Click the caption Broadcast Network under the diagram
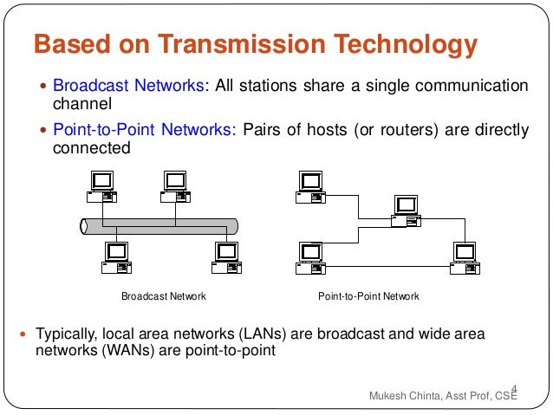163,296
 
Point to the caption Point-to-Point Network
368,296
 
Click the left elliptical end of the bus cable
84,226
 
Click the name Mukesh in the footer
389,397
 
